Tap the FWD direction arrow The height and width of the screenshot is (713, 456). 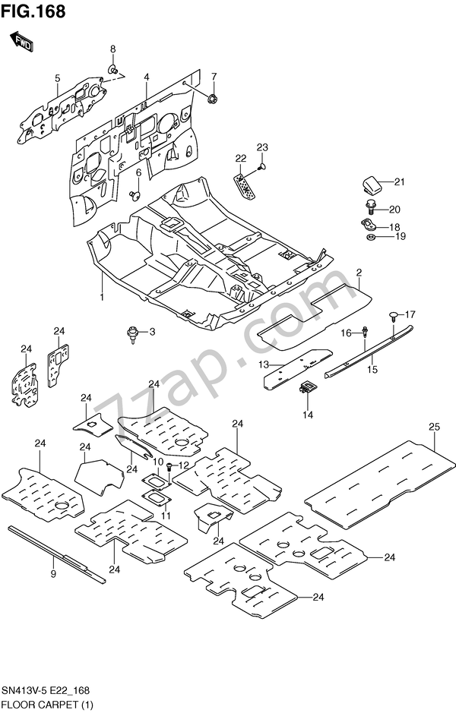(x=21, y=43)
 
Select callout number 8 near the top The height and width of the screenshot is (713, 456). (x=112, y=49)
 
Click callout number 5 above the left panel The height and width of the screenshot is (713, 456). (x=56, y=77)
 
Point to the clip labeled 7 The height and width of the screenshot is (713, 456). (x=211, y=98)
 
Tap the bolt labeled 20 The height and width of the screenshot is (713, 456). (x=372, y=208)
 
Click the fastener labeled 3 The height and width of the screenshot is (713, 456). (x=134, y=333)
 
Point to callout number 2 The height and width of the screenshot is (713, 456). (x=358, y=272)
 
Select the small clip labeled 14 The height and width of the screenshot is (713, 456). (x=306, y=388)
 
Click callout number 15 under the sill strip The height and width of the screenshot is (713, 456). (x=372, y=370)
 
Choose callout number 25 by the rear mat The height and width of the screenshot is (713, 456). (x=434, y=427)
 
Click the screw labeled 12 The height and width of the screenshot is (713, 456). (x=170, y=465)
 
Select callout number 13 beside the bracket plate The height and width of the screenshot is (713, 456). (x=265, y=365)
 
